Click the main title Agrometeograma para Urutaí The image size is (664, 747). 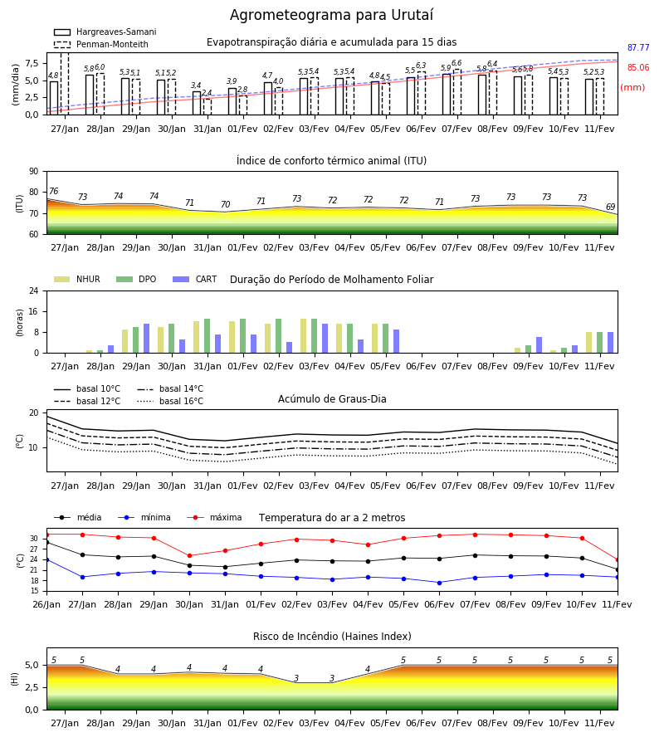[x=331, y=15]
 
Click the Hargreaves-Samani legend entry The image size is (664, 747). [x=105, y=32]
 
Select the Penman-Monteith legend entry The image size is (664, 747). [x=101, y=44]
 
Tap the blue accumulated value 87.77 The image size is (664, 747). [x=638, y=47]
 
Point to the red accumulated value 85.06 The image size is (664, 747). [x=638, y=68]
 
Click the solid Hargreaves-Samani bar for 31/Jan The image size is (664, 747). [x=197, y=103]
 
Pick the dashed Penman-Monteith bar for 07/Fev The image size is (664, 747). [x=457, y=92]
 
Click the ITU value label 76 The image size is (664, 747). [x=53, y=191]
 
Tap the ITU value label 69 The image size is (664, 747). [x=610, y=207]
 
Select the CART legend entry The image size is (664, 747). [x=195, y=279]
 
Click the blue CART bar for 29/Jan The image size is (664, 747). [x=147, y=339]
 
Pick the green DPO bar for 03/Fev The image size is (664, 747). [x=315, y=336]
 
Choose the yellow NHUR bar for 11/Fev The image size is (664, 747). [x=589, y=343]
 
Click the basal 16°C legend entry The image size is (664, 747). [x=170, y=401]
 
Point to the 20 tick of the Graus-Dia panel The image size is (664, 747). [x=34, y=413]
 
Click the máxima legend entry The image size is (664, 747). [x=214, y=517]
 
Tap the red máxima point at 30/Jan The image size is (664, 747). [x=189, y=555]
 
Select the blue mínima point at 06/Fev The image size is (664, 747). [x=440, y=583]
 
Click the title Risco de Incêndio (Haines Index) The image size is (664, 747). [x=332, y=637]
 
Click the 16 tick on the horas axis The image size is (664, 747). [x=34, y=311]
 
